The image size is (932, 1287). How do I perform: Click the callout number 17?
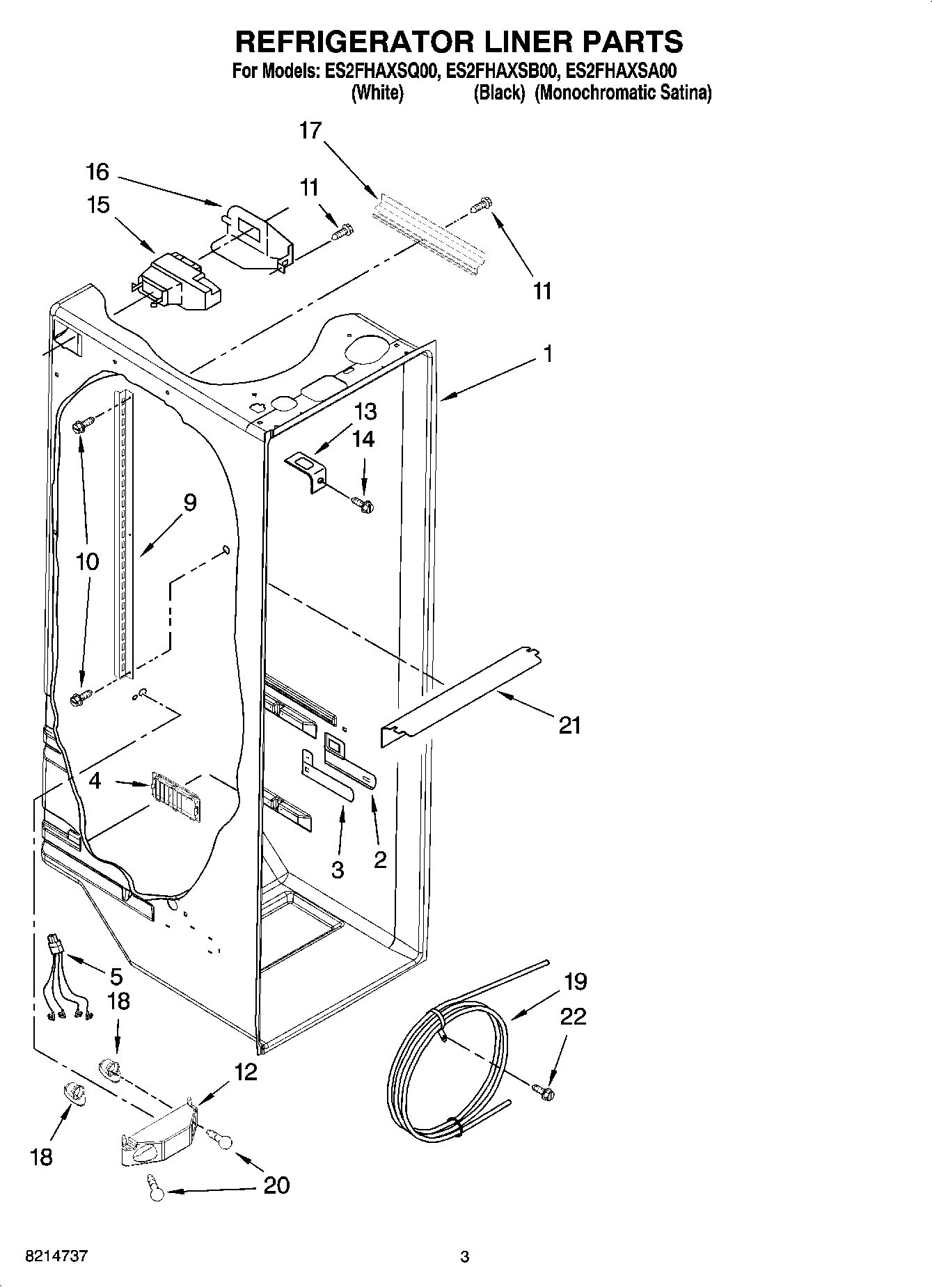(x=310, y=130)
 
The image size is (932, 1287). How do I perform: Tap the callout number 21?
(x=569, y=726)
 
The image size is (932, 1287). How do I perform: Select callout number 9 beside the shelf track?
(x=189, y=503)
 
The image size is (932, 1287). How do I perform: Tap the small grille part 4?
(x=174, y=793)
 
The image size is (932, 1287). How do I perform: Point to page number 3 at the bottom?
(x=465, y=1257)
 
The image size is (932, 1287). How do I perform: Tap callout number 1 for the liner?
(x=548, y=354)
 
